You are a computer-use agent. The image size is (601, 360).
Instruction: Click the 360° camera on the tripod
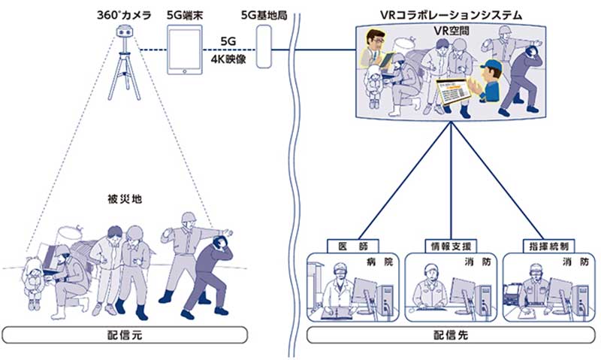click(125, 33)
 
